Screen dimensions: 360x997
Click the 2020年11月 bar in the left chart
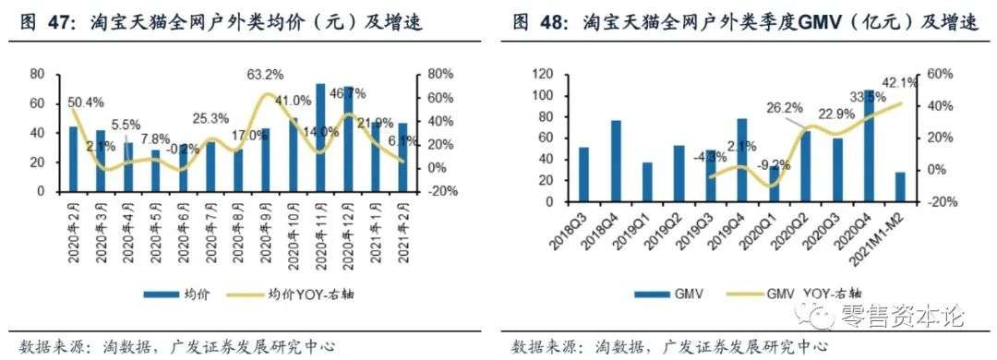[x=320, y=138]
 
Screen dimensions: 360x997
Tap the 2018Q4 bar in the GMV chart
[x=616, y=161]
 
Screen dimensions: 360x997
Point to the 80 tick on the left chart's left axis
[x=37, y=75]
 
